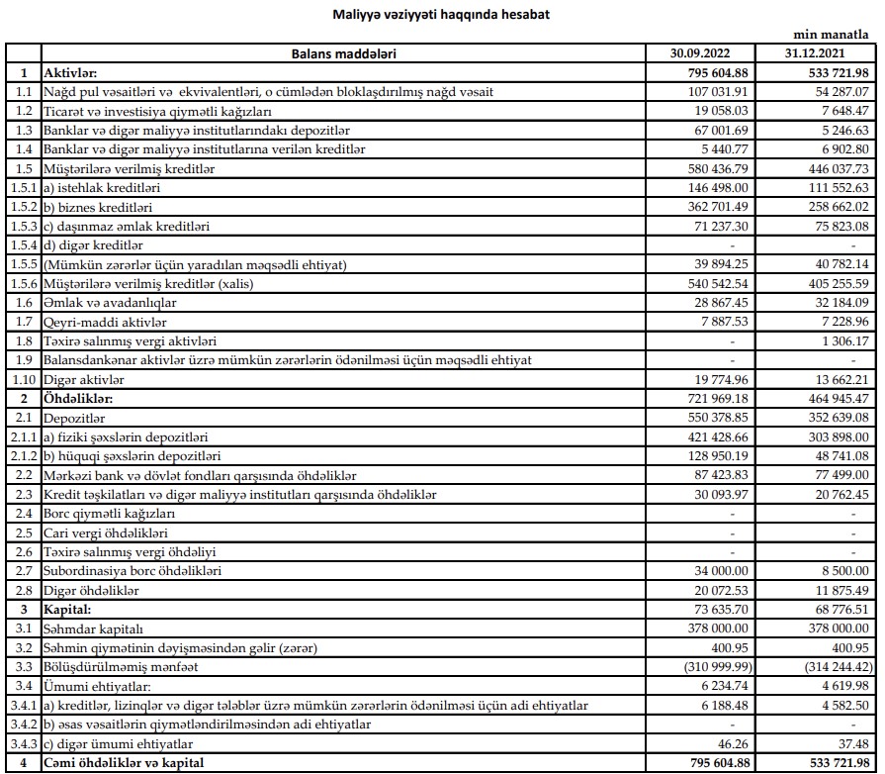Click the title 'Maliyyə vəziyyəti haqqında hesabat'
click(441, 15)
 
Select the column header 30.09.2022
click(700, 52)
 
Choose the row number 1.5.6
click(23, 283)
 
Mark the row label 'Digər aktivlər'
click(87, 379)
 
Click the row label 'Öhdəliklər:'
click(79, 398)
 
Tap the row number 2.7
click(23, 571)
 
